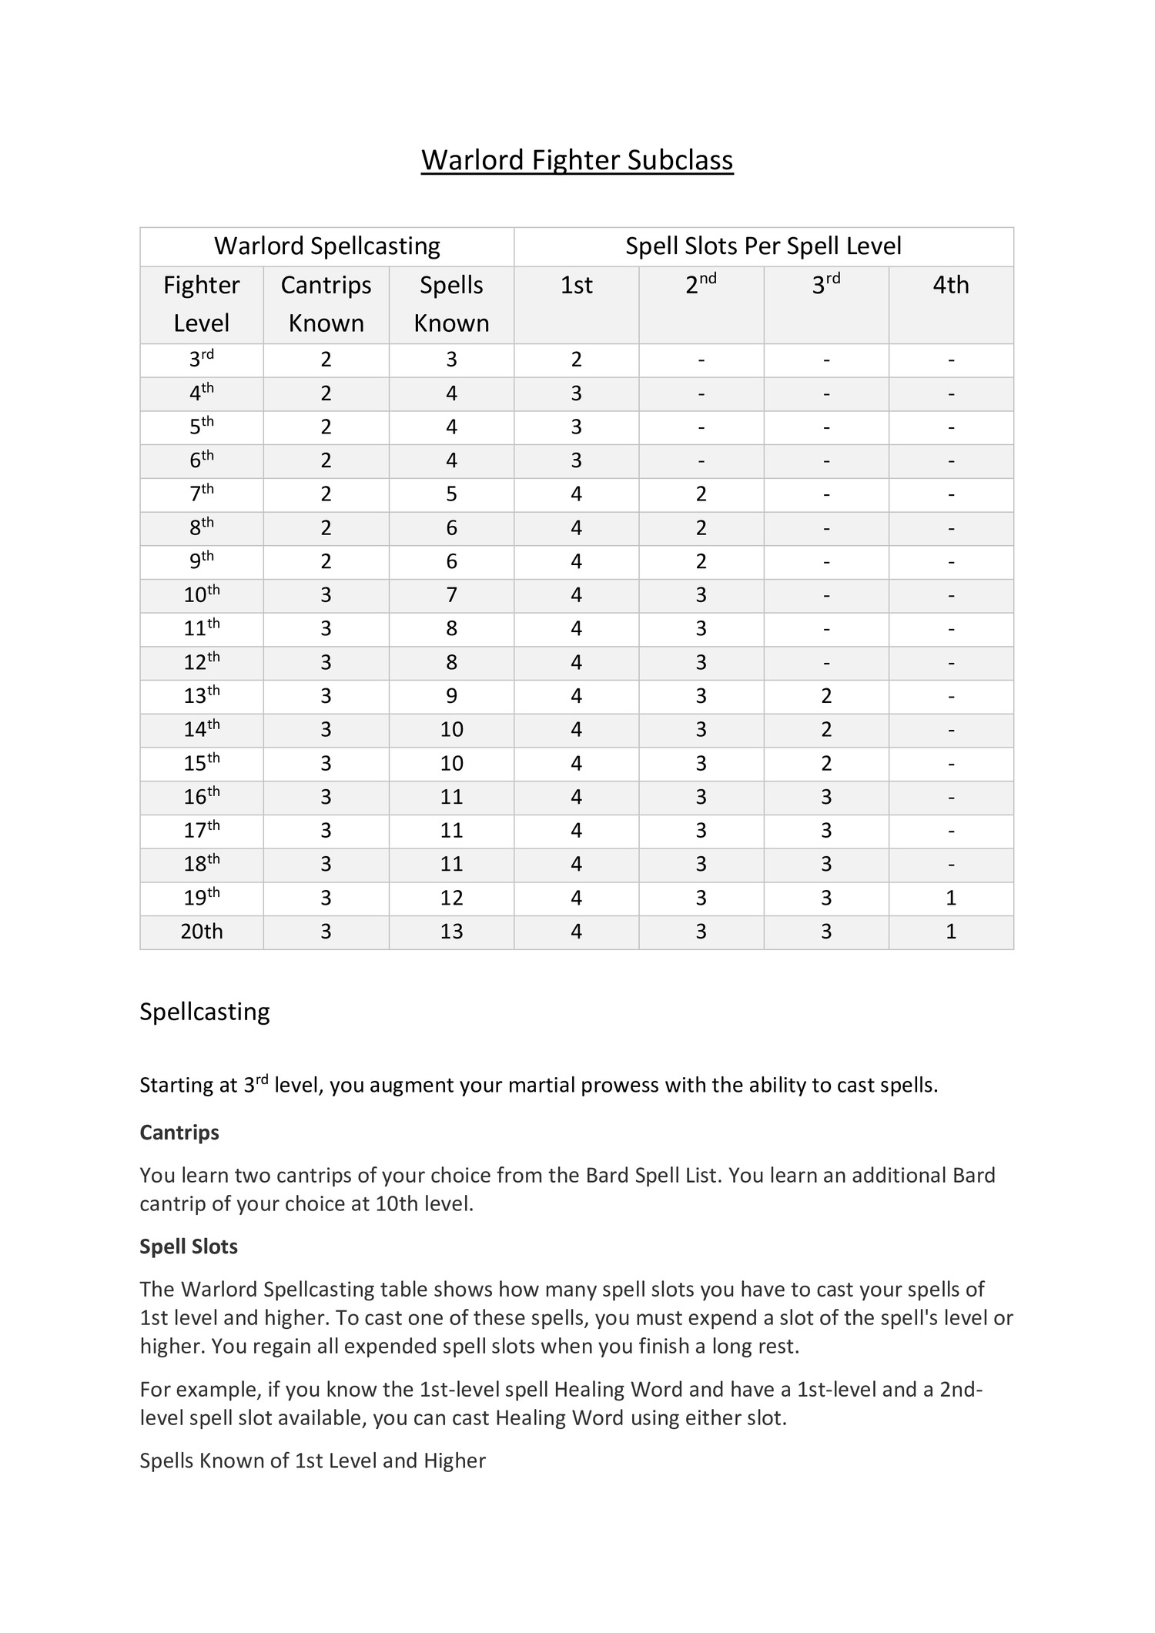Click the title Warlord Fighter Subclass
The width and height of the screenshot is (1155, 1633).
[x=577, y=160]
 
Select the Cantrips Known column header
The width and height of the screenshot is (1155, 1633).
[x=326, y=303]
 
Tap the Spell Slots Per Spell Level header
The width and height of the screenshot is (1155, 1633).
[x=763, y=246]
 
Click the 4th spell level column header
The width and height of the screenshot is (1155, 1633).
[x=950, y=285]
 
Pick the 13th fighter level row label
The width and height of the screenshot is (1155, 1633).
[x=202, y=695]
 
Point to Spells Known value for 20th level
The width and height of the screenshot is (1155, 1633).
[x=451, y=932]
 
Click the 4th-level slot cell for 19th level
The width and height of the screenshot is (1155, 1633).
[x=950, y=898]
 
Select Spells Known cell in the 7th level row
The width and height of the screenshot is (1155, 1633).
[x=451, y=494]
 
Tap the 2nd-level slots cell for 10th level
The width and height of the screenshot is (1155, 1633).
[x=701, y=595]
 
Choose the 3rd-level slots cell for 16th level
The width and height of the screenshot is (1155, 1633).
[x=825, y=797]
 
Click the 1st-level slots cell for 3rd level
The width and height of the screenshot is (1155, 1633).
[x=576, y=360]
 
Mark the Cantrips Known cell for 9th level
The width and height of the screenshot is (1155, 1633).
[x=326, y=561]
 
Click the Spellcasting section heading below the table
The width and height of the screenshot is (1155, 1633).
[x=205, y=1012]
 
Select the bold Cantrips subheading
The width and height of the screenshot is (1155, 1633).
[x=179, y=1132]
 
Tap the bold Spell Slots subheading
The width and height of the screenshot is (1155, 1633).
[x=189, y=1247]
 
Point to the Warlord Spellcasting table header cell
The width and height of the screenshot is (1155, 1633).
[x=326, y=246]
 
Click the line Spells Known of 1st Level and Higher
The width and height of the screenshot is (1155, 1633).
[x=313, y=1461]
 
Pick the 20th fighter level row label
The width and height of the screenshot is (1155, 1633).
[x=202, y=932]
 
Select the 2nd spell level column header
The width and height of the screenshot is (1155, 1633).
[x=701, y=285]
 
